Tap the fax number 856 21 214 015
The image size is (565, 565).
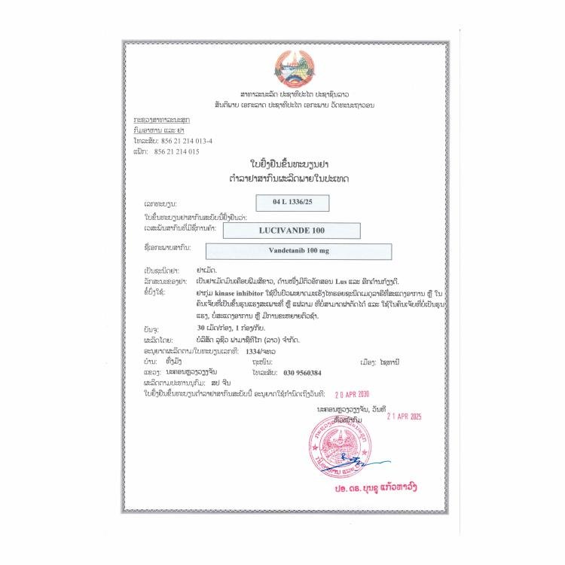click(x=176, y=151)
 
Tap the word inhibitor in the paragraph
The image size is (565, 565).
click(x=255, y=290)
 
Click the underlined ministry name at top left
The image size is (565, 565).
click(x=161, y=121)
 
